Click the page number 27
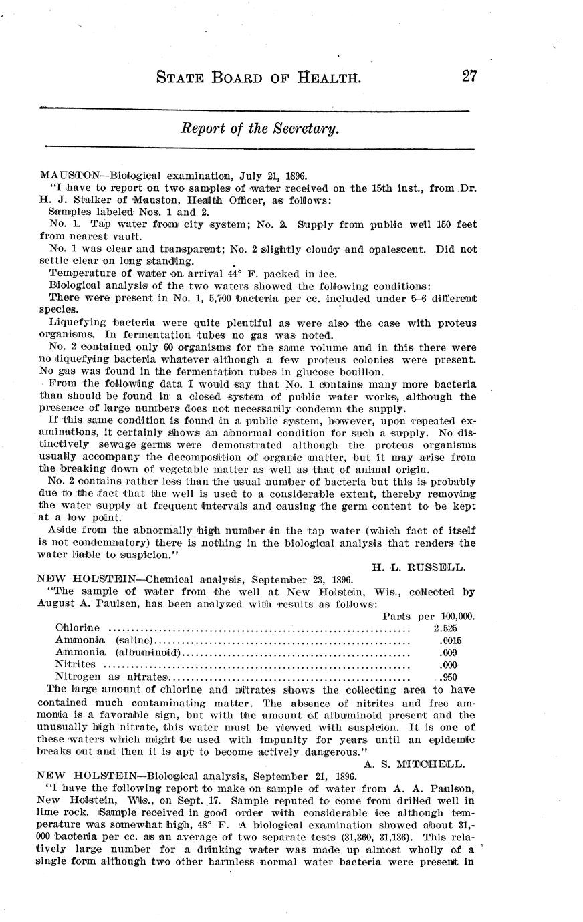click(469, 76)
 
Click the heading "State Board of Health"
click(258, 78)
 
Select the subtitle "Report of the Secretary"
click(260, 128)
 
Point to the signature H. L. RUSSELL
click(419, 567)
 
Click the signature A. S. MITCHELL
click(415, 763)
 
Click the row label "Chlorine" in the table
click(78, 628)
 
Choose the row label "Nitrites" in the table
click(75, 665)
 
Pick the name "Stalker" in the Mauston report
click(96, 200)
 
